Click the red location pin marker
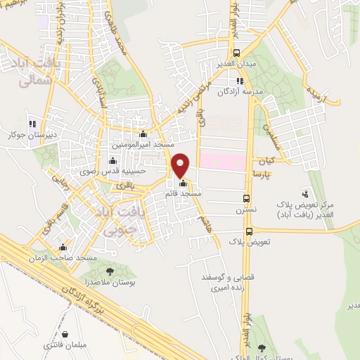pos(181,165)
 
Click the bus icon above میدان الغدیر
pos(236,53)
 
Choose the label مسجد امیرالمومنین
pos(139,145)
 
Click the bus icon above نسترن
pos(246,199)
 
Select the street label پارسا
pos(262,173)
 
